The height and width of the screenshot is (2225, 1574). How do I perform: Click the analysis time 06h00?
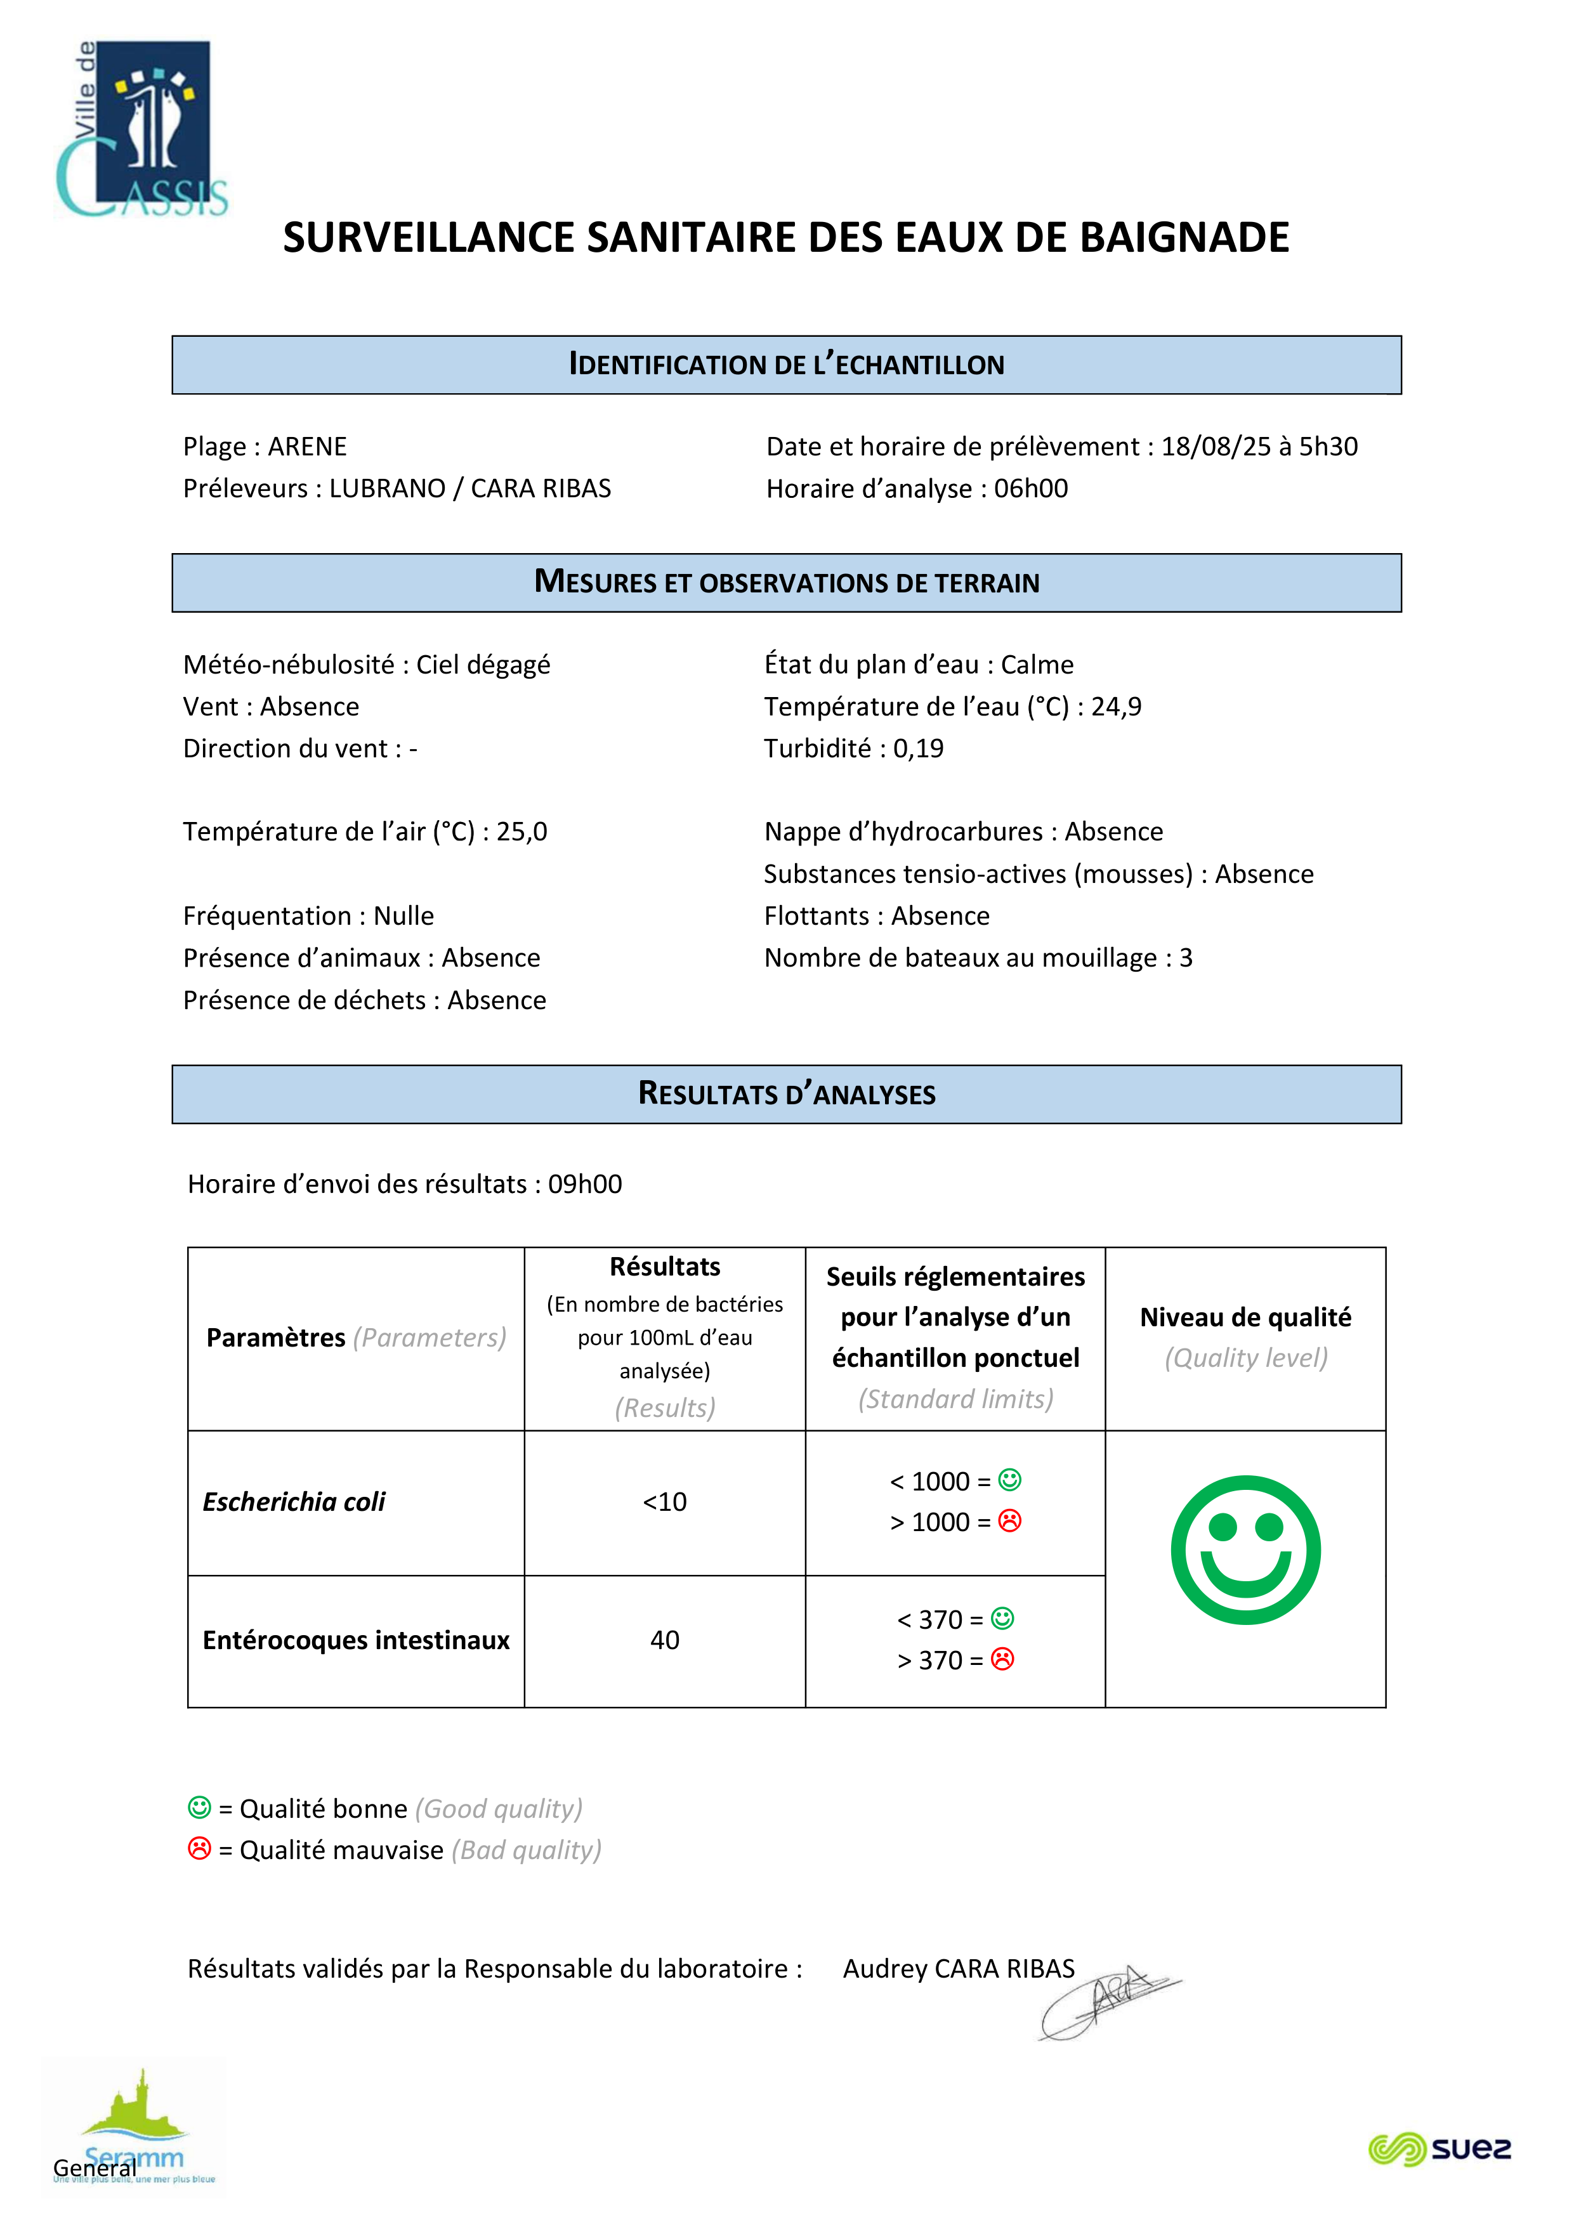tap(1030, 488)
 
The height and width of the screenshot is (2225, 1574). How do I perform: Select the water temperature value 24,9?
tap(1117, 707)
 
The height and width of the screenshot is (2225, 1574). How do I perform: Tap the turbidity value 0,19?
tap(918, 748)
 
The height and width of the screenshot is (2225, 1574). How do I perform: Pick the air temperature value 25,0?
tap(521, 832)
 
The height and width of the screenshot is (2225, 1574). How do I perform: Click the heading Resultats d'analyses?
tap(786, 1094)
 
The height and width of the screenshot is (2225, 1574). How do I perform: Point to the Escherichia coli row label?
tap(294, 1502)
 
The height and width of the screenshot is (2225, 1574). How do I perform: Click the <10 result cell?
tap(665, 1502)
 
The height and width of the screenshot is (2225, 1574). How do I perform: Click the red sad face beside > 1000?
tap(1010, 1522)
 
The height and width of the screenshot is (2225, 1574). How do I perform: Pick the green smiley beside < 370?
tap(1003, 1619)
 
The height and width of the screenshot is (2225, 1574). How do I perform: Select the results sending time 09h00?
tap(586, 1184)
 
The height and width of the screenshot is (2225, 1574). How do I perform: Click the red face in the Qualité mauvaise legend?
tap(200, 1849)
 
